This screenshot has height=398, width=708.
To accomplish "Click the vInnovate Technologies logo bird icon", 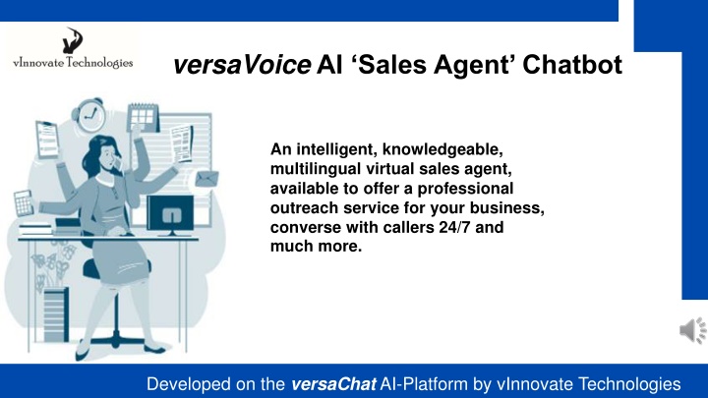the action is coord(72,40).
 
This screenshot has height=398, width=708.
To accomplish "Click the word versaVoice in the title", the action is coord(242,65).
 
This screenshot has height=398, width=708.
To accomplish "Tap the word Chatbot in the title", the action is coord(572,65).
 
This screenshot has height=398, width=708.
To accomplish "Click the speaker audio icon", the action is coord(693,330).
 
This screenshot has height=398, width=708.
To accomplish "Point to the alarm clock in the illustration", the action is coord(89,115).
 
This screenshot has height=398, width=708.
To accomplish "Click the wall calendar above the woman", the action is coord(144,117).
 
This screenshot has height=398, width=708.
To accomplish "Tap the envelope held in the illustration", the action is coord(206,179).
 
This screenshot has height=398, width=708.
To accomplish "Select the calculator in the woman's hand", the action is coord(24,203).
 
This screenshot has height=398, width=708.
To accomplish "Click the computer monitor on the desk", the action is coord(170,215).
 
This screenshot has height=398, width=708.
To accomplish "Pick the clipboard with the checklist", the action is coord(47,140).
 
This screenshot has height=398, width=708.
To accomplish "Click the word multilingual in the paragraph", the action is coord(316,169).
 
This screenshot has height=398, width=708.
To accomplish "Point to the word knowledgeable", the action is coord(442,149).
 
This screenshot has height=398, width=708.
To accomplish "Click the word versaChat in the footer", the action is coord(333,384).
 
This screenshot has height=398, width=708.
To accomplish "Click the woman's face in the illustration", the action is coord(108,155).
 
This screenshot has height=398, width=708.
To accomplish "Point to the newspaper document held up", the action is coord(182,143).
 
